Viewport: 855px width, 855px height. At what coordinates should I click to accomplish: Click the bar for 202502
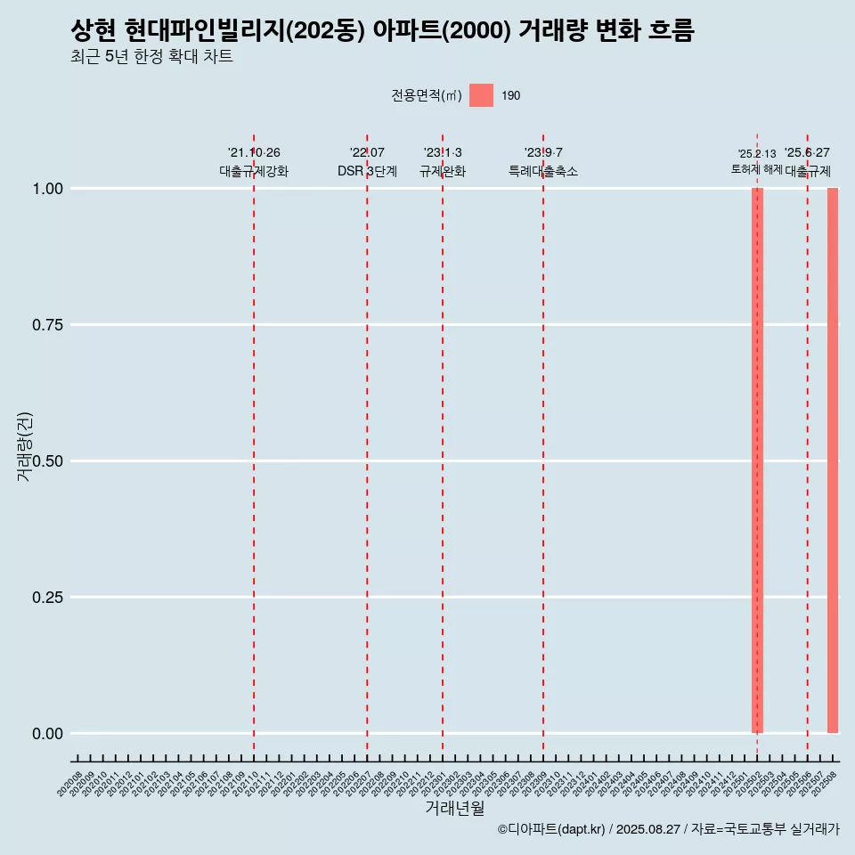pyautogui.click(x=757, y=460)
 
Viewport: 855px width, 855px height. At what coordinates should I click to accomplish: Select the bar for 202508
pyautogui.click(x=833, y=460)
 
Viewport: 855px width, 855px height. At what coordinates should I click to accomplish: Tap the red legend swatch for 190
pyautogui.click(x=481, y=95)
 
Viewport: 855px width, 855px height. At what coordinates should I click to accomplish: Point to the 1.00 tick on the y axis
pyautogui.click(x=46, y=189)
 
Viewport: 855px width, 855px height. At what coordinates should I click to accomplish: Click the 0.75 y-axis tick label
pyautogui.click(x=46, y=325)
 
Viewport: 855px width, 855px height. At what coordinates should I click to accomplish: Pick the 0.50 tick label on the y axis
pyautogui.click(x=46, y=461)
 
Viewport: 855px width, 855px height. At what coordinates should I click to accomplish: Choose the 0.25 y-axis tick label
pyautogui.click(x=46, y=598)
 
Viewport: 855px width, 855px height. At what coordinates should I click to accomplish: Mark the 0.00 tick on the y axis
pyautogui.click(x=46, y=734)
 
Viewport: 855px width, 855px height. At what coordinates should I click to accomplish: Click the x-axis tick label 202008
pyautogui.click(x=70, y=784)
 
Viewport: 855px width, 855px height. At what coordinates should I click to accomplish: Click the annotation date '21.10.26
pyautogui.click(x=254, y=153)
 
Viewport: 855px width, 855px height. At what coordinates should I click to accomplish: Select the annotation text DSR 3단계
pyautogui.click(x=367, y=171)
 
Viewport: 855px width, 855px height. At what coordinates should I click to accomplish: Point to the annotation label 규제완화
pyautogui.click(x=443, y=171)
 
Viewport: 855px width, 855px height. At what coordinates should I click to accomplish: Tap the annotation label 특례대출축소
pyautogui.click(x=543, y=171)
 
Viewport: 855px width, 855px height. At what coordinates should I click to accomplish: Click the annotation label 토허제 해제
pyautogui.click(x=756, y=169)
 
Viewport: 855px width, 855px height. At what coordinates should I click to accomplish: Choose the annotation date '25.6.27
pyautogui.click(x=807, y=153)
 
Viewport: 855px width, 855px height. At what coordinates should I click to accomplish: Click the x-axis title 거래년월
pyautogui.click(x=454, y=809)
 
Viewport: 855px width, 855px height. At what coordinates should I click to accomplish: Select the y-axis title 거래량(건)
pyautogui.click(x=25, y=445)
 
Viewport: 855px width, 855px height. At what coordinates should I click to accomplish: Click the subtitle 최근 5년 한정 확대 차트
pyautogui.click(x=151, y=57)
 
